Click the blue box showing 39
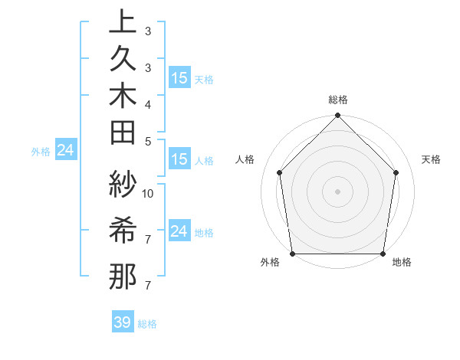[x=123, y=322]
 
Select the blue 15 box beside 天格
[x=179, y=77]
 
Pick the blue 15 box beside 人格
[x=179, y=159]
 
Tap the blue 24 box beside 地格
[x=179, y=231]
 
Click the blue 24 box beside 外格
[x=66, y=150]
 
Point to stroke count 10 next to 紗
[x=148, y=193]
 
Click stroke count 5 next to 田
[x=148, y=140]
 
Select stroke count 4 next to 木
[x=148, y=103]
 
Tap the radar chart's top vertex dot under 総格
[x=337, y=116]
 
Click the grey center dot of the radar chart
[x=337, y=191]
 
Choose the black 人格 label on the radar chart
[x=245, y=159]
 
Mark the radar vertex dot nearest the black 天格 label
[x=396, y=172]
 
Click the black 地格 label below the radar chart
[x=402, y=263]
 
